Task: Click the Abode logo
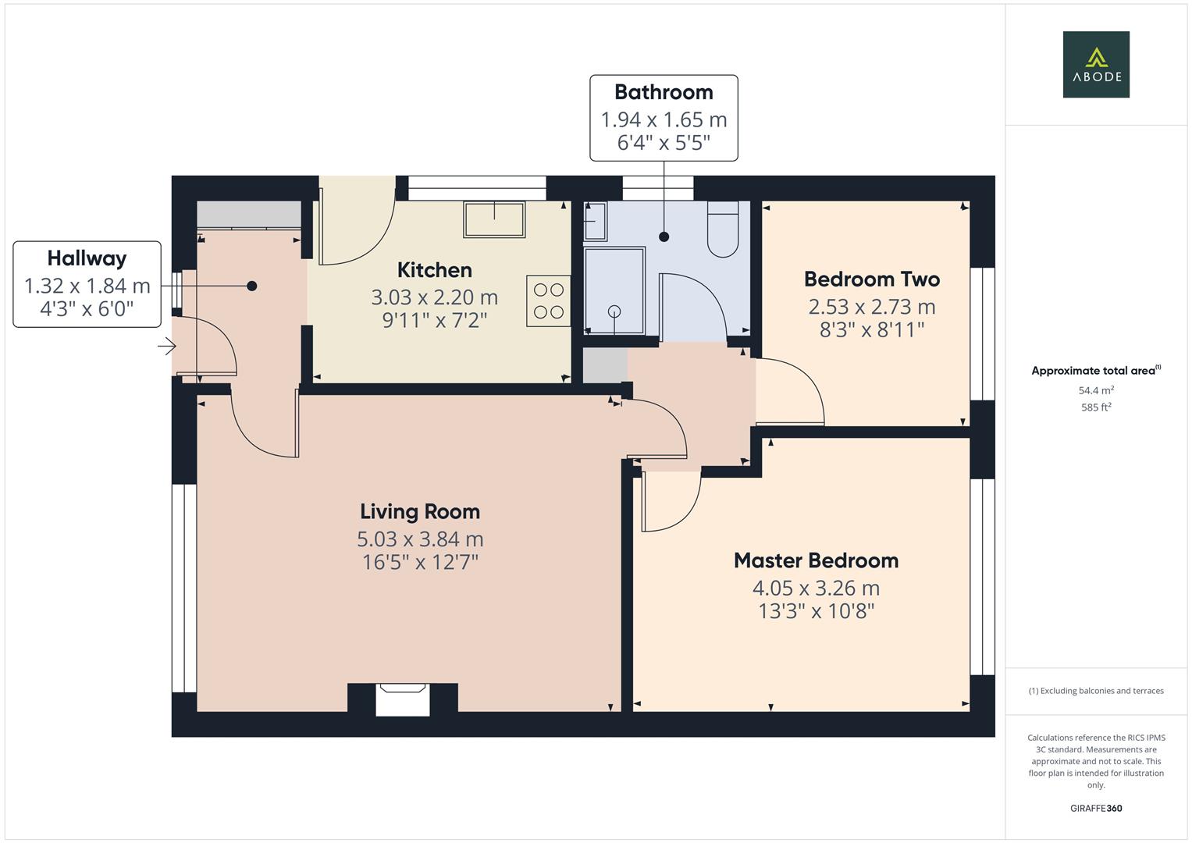[1095, 64]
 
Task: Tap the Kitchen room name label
[434, 270]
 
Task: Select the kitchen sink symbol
[494, 219]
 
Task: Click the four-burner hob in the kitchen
[548, 301]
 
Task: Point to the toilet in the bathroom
[723, 230]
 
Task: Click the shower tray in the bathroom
[614, 291]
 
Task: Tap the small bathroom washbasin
[595, 222]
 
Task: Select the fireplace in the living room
[403, 699]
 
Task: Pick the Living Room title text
[419, 512]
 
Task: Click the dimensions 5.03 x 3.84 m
[419, 539]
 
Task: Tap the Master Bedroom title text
[816, 560]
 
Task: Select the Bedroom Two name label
[871, 279]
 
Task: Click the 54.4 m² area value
[1095, 390]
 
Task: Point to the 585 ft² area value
[1095, 407]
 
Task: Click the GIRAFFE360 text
[1095, 808]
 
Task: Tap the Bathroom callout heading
[664, 92]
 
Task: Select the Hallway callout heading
[87, 258]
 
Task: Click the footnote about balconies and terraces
[1095, 691]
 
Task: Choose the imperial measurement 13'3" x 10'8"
[816, 611]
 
